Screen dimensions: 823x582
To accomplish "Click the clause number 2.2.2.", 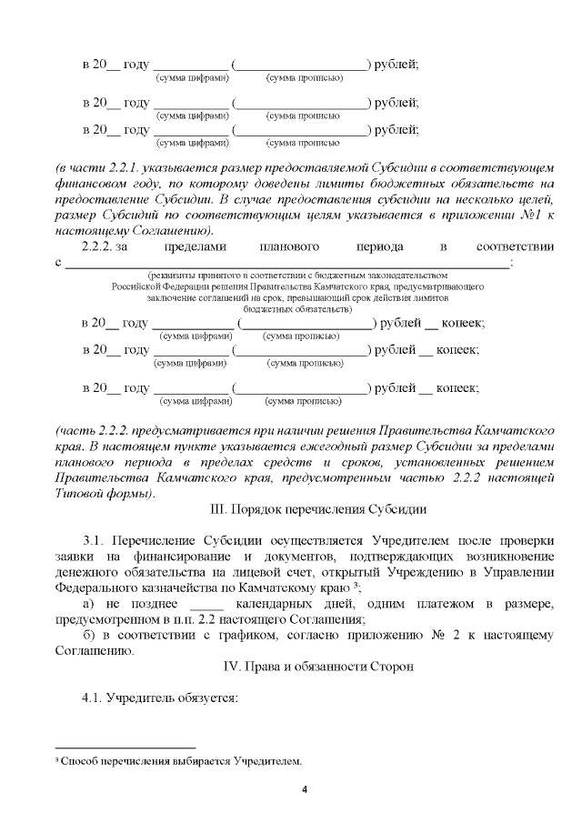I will point(100,246).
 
